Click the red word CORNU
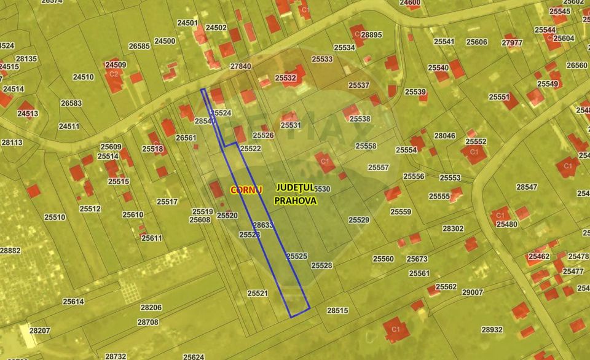246,190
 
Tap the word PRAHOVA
296,200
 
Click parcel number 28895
371,35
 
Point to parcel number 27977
512,43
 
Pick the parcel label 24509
115,65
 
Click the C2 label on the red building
113,74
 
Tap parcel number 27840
240,66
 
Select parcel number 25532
285,78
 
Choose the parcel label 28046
444,136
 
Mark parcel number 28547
527,187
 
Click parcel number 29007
472,292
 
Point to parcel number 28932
492,329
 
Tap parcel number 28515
337,311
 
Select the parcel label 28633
262,225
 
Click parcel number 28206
151,307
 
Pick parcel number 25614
73,302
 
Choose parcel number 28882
10,251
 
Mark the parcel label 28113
12,143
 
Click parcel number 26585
140,46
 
